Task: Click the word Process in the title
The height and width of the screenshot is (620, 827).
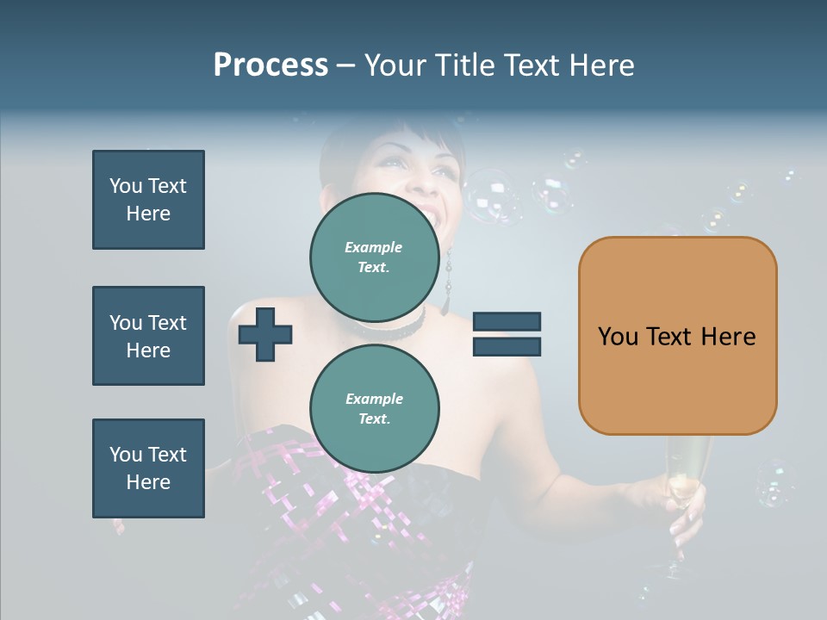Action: click(270, 65)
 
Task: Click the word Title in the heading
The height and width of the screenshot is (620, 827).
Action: click(465, 65)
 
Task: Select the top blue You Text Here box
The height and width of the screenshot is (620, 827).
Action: click(148, 200)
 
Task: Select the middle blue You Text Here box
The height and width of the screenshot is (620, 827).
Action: click(148, 336)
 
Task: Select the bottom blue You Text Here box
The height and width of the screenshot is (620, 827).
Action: click(148, 468)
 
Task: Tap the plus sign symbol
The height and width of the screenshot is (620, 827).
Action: click(265, 334)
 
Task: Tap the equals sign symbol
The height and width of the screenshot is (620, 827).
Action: click(507, 334)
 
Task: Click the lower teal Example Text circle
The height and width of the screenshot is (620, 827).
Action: click(374, 408)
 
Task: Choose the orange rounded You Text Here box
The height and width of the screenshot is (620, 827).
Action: click(677, 336)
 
